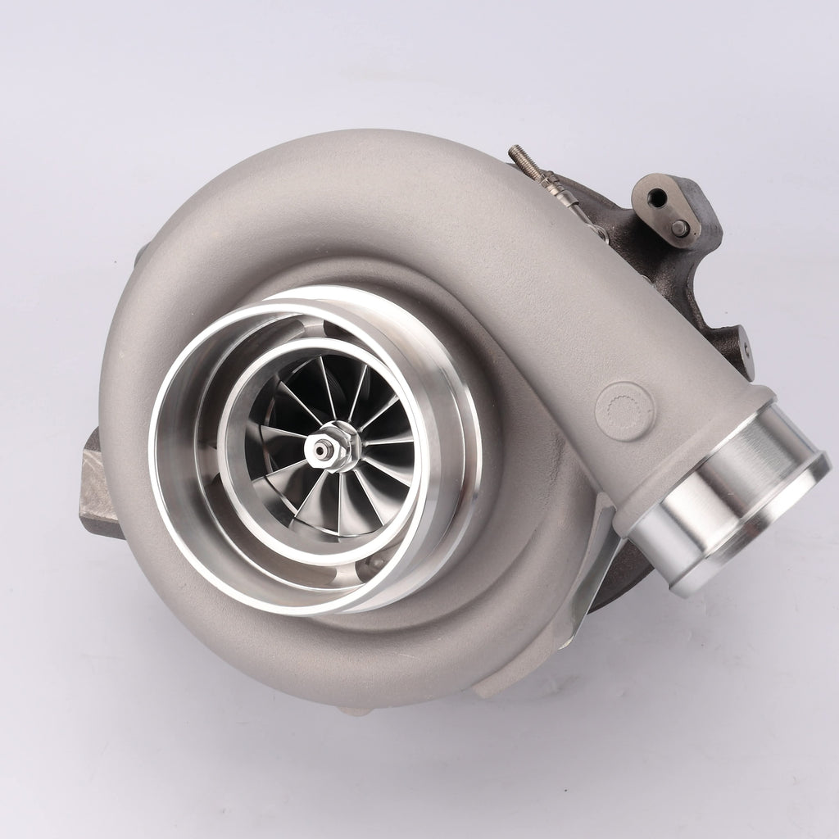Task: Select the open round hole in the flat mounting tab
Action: [x=656, y=197]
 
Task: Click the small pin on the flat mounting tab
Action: [x=680, y=228]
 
